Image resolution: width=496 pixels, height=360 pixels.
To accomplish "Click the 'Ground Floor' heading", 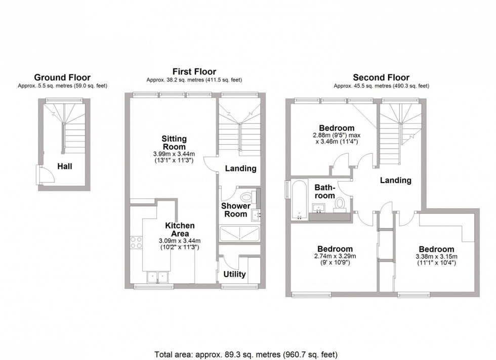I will click(62, 77).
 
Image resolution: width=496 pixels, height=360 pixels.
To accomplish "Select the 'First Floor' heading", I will click(195, 72).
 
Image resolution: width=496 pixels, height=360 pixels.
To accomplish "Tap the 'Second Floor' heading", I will click(381, 77).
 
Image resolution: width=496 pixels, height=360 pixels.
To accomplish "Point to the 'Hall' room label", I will click(64, 166).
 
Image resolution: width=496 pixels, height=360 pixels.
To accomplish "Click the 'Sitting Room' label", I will click(174, 143).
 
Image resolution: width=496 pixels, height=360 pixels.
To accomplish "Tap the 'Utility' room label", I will click(234, 275).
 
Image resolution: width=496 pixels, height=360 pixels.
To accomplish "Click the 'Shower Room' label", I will click(235, 210).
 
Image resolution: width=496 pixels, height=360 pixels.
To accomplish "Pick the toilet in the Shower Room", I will click(247, 196).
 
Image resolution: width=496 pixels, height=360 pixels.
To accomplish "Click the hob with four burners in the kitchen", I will click(136, 242).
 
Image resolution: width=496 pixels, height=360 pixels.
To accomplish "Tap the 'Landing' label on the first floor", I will click(240, 168).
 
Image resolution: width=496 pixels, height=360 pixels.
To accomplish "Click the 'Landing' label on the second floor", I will click(395, 180).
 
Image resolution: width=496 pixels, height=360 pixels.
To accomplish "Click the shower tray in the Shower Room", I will click(239, 234).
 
